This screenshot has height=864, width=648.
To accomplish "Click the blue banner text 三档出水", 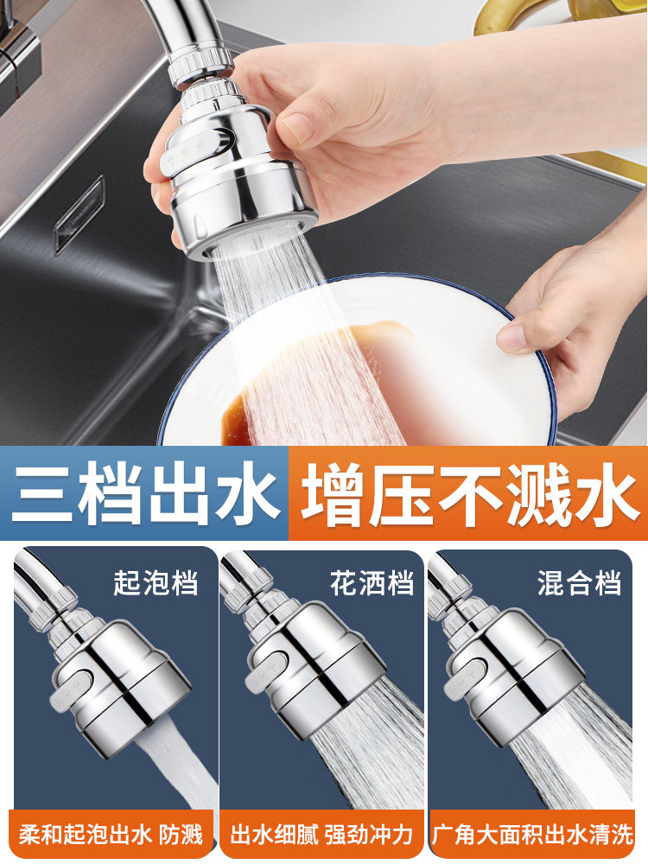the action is click(x=145, y=493).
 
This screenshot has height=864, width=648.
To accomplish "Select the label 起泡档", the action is click(x=156, y=582).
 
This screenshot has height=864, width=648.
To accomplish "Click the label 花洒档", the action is click(x=372, y=582).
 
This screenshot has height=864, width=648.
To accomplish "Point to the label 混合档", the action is click(x=579, y=582).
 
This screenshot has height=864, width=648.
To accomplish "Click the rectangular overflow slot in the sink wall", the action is click(x=79, y=215).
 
